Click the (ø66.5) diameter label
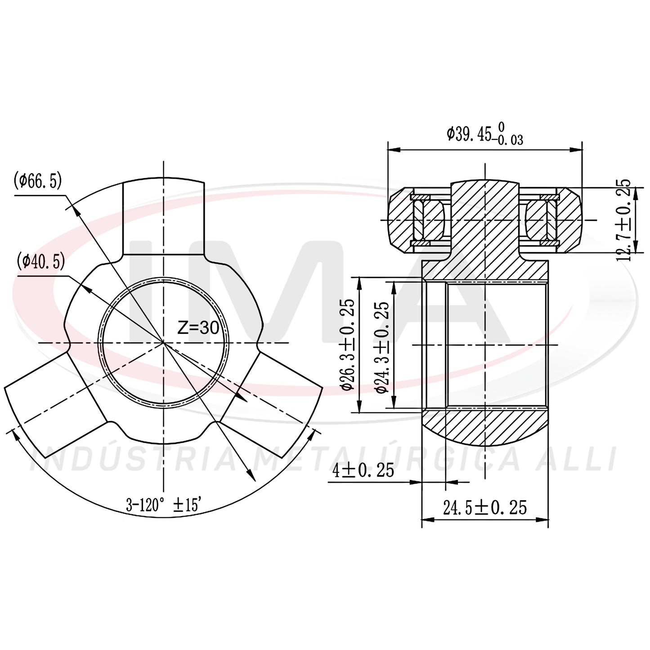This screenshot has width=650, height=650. click(x=37, y=182)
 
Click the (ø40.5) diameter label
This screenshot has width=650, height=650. click(x=40, y=262)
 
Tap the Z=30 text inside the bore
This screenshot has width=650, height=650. click(x=198, y=327)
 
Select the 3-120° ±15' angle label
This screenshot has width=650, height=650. click(x=164, y=505)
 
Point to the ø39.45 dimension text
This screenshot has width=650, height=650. click(x=485, y=134)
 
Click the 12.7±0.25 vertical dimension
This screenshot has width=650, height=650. click(x=623, y=220)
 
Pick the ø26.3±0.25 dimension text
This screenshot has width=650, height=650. click(x=348, y=344)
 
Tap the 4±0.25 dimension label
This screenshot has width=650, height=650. click(x=363, y=471)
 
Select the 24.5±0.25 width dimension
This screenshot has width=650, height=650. click(x=485, y=507)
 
